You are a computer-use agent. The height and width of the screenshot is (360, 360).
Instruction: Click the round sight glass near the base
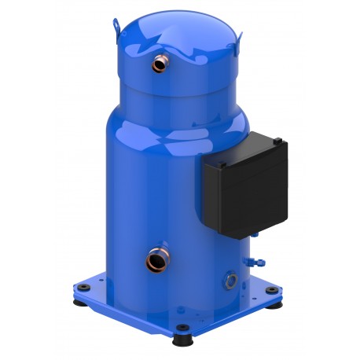point(230,277)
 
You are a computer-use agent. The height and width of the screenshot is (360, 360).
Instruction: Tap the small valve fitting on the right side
point(250,259)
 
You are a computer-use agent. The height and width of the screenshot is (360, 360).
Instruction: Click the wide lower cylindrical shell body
point(157,197)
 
